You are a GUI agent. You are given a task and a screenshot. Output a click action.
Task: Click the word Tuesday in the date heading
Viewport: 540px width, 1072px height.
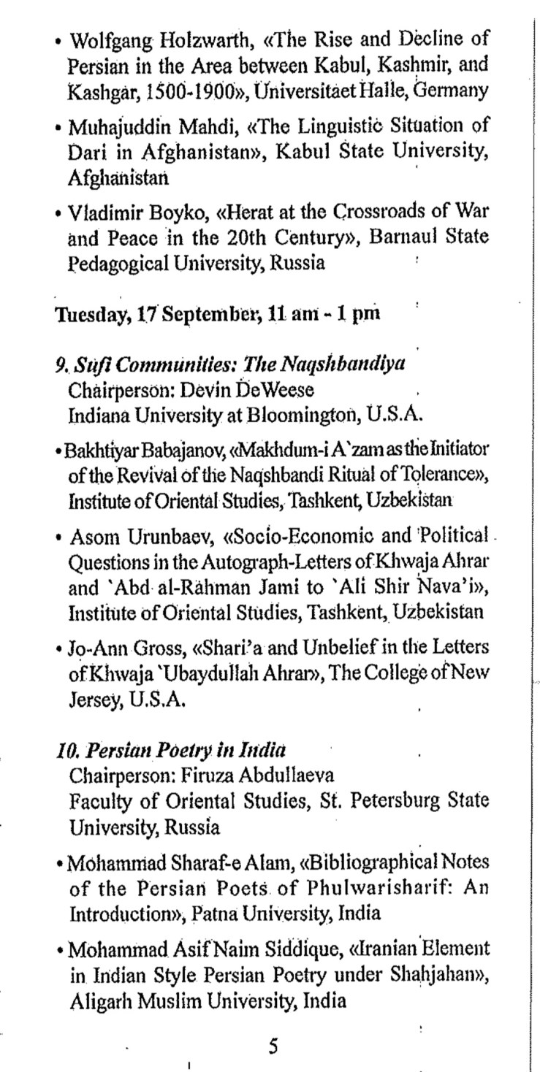(x=83, y=315)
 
